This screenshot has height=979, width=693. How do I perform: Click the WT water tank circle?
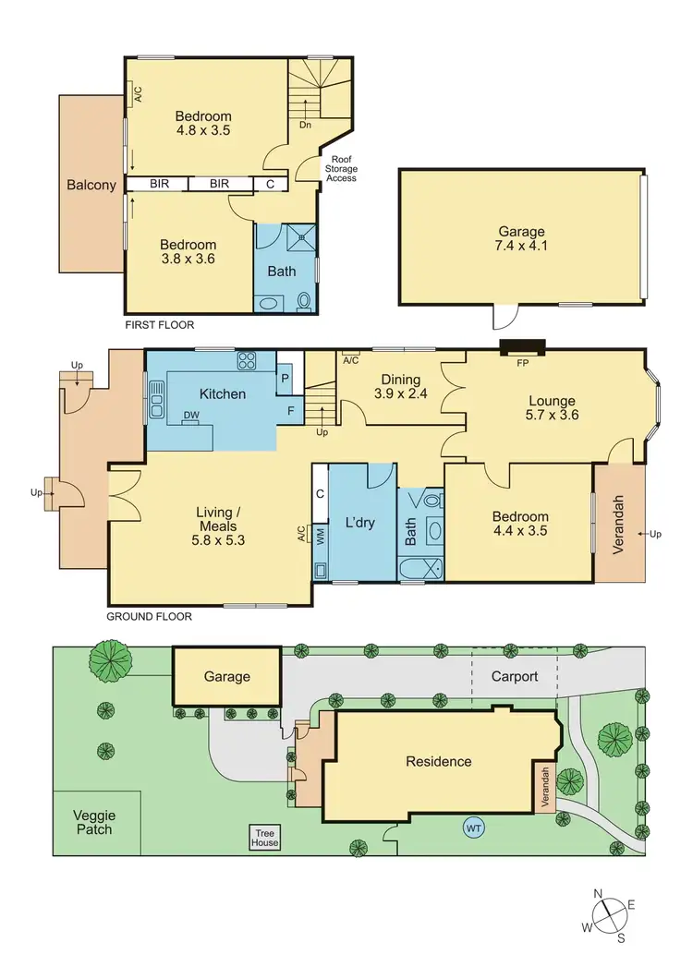474,828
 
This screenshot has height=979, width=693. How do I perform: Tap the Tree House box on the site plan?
265,837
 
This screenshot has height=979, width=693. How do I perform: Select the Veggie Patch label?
93,821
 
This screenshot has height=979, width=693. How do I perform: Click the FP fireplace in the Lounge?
523,348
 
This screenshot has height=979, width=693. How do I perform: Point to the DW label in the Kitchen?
191,416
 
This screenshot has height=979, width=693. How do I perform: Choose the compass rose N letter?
599,893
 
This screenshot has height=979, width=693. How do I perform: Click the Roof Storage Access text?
340,168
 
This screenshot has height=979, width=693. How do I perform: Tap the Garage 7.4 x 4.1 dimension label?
522,239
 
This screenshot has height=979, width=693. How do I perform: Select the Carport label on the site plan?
515,676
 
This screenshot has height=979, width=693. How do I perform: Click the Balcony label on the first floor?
91,185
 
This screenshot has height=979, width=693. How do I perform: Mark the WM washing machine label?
321,538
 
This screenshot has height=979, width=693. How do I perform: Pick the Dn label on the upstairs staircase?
303,124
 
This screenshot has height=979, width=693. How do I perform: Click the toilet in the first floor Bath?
303,300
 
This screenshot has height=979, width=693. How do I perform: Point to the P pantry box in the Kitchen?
284,377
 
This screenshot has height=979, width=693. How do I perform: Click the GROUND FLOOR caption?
149,616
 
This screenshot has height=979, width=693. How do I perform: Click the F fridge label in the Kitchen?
290,410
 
